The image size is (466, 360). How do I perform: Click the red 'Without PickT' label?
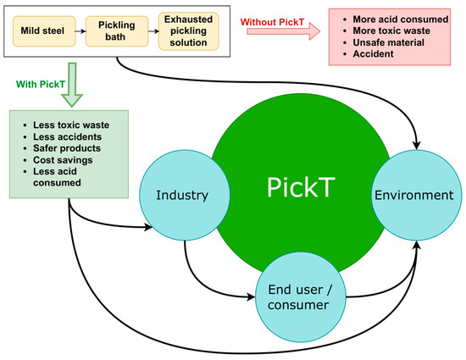click(275, 20)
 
